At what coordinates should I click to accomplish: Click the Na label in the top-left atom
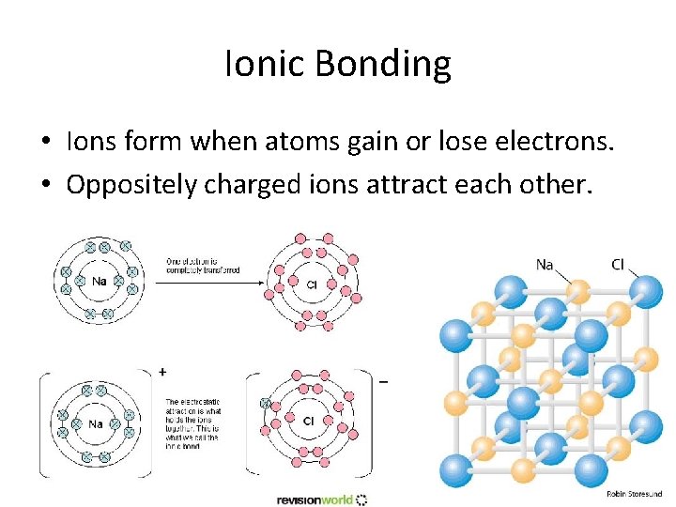pos(99,280)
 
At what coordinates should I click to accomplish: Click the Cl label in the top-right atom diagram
pos(312,283)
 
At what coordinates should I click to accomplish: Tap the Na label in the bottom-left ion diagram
pos(96,423)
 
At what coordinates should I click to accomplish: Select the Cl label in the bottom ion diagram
pos(308,422)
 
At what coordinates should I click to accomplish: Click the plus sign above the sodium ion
pos(163,372)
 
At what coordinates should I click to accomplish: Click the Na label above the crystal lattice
pos(545,265)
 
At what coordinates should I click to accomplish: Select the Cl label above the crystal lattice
pos(617,265)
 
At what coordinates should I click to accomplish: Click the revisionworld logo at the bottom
pos(321,499)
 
